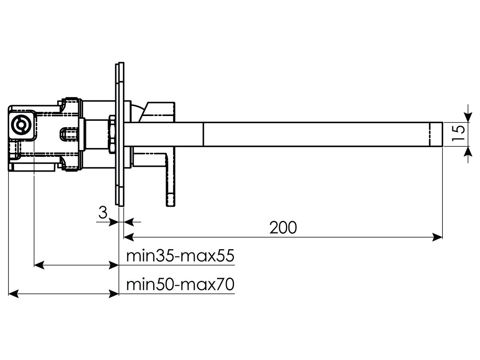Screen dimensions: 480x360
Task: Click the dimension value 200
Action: [283, 228]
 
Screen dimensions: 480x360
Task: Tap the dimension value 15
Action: [458, 134]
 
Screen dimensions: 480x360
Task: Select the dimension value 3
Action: [103, 212]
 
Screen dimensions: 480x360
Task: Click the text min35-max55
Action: [180, 256]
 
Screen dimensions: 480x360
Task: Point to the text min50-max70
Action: [180, 284]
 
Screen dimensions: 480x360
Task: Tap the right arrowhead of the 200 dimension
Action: [438, 237]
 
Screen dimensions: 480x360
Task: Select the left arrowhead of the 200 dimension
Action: [129, 237]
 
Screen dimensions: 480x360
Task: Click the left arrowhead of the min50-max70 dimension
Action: [14, 294]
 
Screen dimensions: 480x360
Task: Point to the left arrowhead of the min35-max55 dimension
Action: [39, 265]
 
